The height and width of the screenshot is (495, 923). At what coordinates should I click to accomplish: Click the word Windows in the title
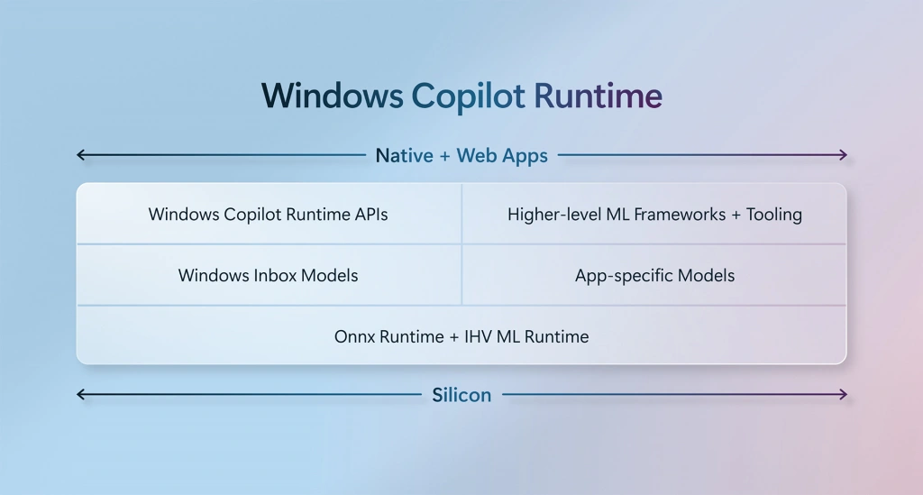333,96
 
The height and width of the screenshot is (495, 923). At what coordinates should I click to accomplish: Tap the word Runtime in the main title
599,96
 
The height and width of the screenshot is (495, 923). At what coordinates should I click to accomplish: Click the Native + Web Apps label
461,155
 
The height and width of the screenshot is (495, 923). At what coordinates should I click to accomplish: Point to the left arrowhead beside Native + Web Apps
81,155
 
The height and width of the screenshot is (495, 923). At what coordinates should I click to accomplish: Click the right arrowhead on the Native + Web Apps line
843,155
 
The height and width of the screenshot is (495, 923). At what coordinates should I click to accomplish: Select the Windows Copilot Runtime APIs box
269,214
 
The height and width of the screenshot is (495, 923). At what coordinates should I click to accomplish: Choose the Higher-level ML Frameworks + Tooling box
654,214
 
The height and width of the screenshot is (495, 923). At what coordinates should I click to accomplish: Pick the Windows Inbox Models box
269,275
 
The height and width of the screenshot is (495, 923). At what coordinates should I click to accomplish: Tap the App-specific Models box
654,275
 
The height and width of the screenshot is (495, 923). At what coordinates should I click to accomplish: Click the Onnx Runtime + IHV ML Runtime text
461,336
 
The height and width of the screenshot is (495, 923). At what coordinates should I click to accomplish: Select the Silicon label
461,395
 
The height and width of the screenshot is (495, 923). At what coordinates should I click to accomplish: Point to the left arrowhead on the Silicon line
81,394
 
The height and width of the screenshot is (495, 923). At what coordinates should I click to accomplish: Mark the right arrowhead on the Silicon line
843,394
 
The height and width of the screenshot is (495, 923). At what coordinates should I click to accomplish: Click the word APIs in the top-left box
371,215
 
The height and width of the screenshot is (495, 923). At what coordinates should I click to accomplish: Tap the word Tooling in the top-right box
774,215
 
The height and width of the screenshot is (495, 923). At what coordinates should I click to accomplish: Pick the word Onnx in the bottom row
355,336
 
